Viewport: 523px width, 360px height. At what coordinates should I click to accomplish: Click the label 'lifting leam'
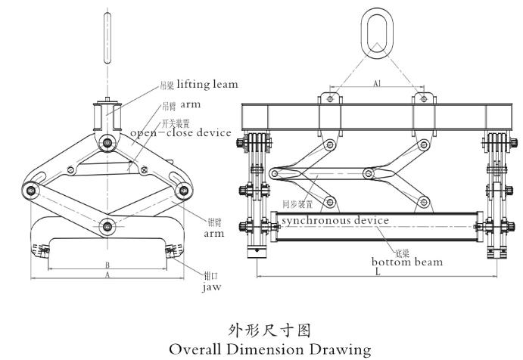[207, 84]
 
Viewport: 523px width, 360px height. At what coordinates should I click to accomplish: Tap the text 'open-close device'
[179, 133]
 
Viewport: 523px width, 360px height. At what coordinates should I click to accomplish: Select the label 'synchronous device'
[334, 220]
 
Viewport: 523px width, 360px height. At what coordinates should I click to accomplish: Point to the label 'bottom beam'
[406, 262]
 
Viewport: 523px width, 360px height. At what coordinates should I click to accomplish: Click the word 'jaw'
[210, 287]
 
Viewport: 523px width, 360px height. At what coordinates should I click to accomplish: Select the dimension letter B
[107, 265]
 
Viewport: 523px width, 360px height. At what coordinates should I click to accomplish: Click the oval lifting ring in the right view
[377, 33]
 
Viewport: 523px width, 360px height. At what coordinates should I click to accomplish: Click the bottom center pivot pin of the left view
[107, 225]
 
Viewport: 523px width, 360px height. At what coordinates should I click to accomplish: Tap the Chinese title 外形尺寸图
[260, 331]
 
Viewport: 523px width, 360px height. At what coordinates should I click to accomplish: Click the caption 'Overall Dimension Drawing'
[260, 349]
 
